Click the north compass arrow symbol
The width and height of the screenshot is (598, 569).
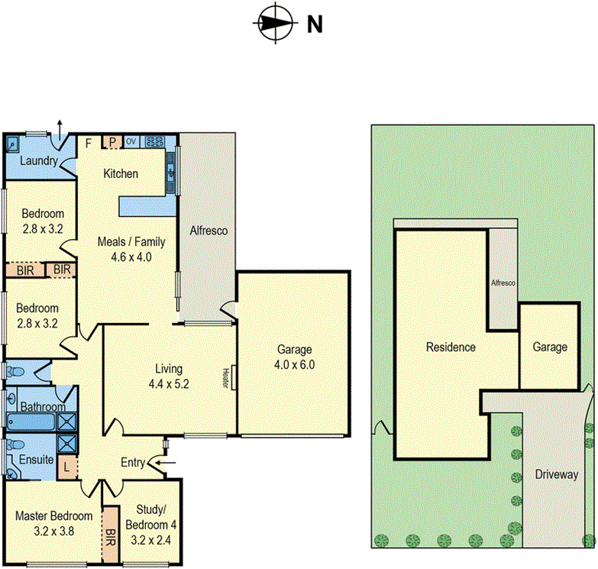point(273,23)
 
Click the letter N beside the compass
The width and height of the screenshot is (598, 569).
point(314,24)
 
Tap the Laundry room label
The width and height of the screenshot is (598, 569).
point(35,160)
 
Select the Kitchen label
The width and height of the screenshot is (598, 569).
point(121,173)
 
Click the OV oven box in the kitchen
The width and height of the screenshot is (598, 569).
point(131,141)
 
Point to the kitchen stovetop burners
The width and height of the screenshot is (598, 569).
point(154,141)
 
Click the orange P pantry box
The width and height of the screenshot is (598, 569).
point(112,141)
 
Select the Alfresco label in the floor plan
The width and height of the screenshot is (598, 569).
point(208,230)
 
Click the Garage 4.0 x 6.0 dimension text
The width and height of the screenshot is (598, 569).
point(293,365)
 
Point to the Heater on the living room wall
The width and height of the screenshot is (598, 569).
point(226,378)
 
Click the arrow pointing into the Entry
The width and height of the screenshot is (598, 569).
point(164,462)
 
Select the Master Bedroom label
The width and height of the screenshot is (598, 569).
point(48,515)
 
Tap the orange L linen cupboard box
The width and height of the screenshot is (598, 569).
point(67,465)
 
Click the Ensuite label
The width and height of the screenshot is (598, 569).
point(36,460)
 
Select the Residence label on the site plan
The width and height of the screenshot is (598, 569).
point(451,347)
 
